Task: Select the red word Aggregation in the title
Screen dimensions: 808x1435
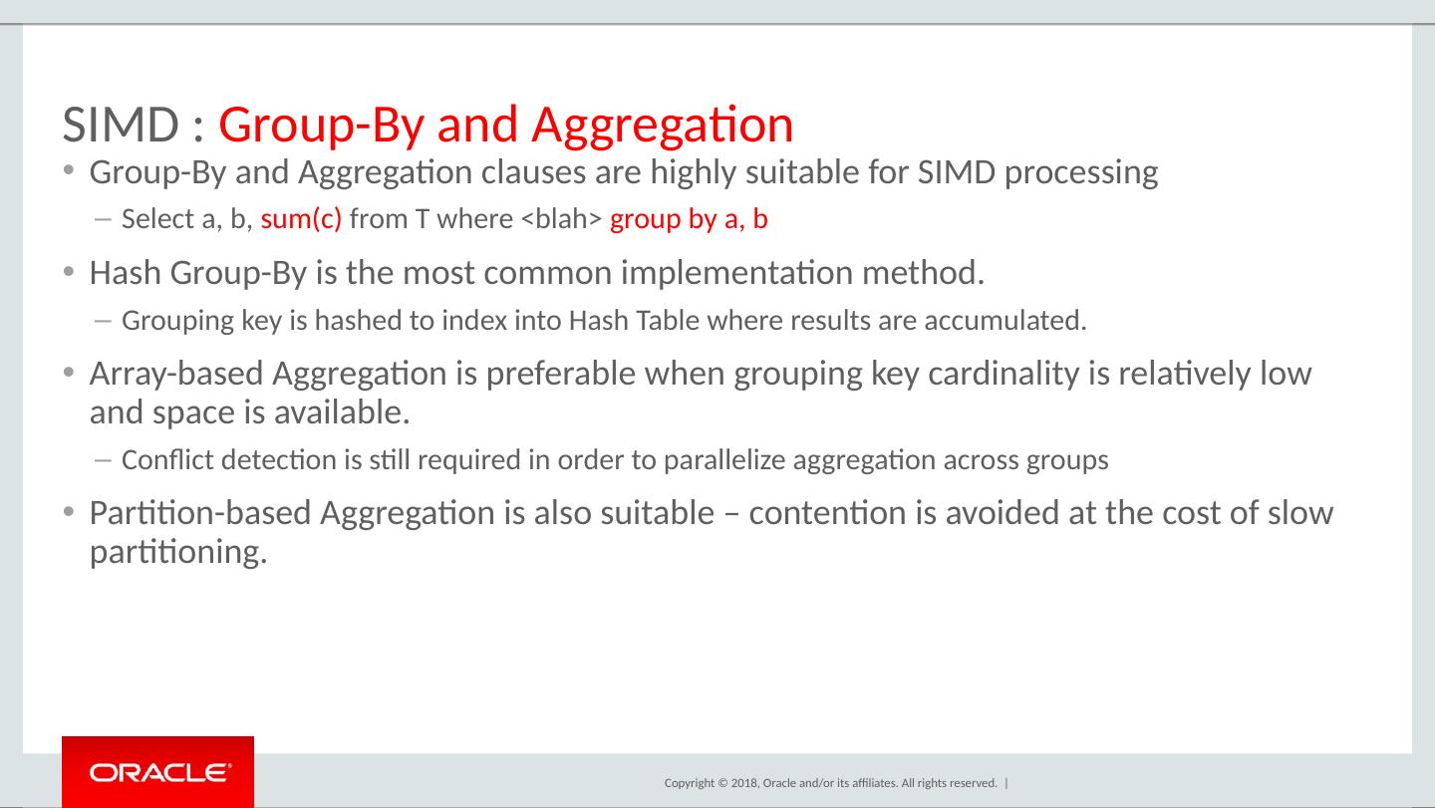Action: coord(662,126)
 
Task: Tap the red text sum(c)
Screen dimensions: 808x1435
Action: coord(301,220)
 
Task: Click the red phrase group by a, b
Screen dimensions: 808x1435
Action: coord(689,220)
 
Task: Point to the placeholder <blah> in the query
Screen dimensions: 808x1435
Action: coord(562,220)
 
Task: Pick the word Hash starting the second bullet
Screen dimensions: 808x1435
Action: coord(126,272)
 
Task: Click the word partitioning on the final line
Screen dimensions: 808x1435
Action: coord(177,551)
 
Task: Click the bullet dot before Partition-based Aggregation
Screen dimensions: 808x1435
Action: coord(68,512)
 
